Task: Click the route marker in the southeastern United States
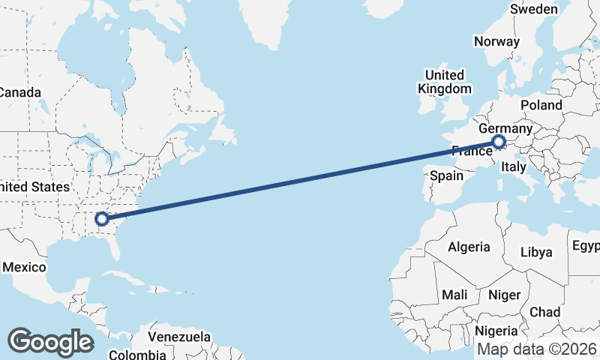click(102, 219)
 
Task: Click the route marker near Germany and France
click(499, 142)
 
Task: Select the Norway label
click(496, 42)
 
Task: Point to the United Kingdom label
click(445, 82)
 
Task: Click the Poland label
click(541, 105)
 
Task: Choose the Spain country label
click(447, 176)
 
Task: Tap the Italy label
click(514, 166)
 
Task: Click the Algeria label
click(469, 247)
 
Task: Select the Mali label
click(455, 295)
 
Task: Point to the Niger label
click(503, 295)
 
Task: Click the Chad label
click(544, 312)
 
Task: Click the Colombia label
click(137, 355)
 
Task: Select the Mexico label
click(24, 267)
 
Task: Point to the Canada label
click(19, 92)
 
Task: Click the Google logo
click(50, 342)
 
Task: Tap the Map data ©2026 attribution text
click(537, 349)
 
